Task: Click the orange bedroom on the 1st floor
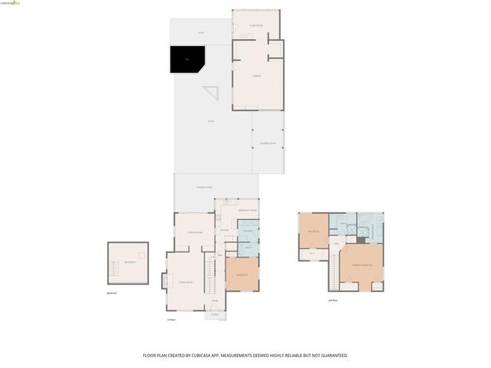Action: pos(242,274)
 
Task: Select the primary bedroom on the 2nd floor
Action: pos(362,264)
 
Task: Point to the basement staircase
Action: pos(143,254)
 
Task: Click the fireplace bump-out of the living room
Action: pos(163,281)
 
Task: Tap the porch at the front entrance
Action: pos(215,314)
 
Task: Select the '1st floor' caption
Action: pos(172,320)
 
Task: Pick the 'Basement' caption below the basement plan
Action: pos(113,293)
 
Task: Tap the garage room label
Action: pos(258,76)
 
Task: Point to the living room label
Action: pos(185,283)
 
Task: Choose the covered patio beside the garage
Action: pos(268,143)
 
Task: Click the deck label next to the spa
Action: pos(201,32)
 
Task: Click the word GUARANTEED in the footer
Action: pos(332,356)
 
